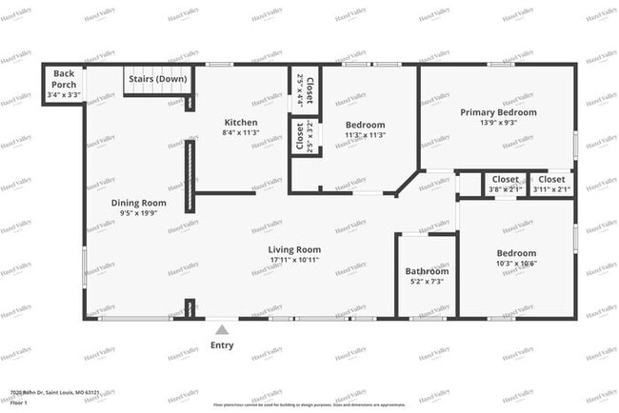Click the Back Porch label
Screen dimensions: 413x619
click(64, 73)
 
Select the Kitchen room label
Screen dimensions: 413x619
click(240, 123)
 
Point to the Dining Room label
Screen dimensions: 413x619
click(139, 202)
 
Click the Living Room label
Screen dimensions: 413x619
click(295, 249)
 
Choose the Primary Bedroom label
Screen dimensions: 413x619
click(498, 112)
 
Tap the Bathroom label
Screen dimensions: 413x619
click(427, 271)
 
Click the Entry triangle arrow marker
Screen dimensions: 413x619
click(222, 329)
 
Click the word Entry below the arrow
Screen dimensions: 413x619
click(222, 345)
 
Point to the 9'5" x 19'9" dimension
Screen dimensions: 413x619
click(139, 213)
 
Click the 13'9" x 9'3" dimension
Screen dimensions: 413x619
click(498, 123)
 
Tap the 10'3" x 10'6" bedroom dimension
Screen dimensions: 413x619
click(517, 265)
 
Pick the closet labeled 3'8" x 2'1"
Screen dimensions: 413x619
click(506, 184)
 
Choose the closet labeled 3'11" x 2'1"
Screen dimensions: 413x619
click(551, 184)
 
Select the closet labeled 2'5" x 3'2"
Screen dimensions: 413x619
click(300, 139)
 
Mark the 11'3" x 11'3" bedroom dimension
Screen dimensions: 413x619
click(365, 135)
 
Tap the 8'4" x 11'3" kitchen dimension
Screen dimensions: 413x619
click(240, 134)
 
